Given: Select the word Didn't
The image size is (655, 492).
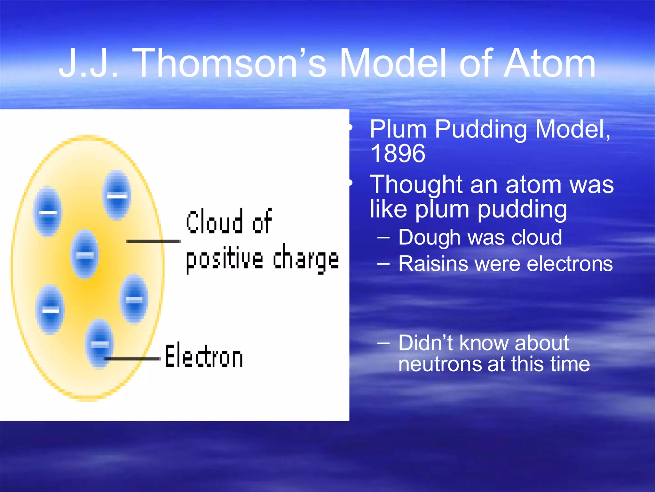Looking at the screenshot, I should click(425, 343).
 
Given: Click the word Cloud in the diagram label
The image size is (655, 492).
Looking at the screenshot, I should click(214, 222).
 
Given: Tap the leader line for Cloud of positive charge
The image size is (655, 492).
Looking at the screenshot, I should click(154, 241).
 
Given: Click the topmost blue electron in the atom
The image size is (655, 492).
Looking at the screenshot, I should click(116, 195).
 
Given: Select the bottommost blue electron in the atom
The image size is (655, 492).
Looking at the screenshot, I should click(99, 344).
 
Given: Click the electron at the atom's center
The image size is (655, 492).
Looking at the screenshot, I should click(85, 254).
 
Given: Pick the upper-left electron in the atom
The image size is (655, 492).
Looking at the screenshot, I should click(48, 211).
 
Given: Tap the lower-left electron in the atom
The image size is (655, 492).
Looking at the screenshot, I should click(50, 309).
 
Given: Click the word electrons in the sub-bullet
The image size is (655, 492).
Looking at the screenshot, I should click(569, 264).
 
